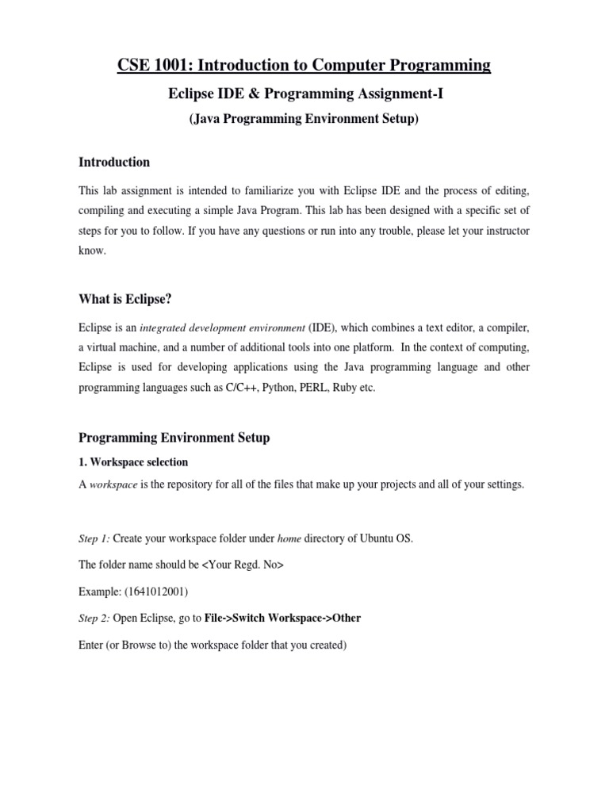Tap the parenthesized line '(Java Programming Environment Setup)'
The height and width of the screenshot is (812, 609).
coord(304,120)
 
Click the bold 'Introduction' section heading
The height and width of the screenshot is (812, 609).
coord(114,163)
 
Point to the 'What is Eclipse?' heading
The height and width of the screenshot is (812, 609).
coord(124,300)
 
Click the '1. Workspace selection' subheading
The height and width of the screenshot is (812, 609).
coord(133,462)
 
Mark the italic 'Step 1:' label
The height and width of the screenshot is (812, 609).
coord(94,538)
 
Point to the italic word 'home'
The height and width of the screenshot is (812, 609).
coord(289,538)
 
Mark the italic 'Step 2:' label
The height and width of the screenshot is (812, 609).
coord(94,619)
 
